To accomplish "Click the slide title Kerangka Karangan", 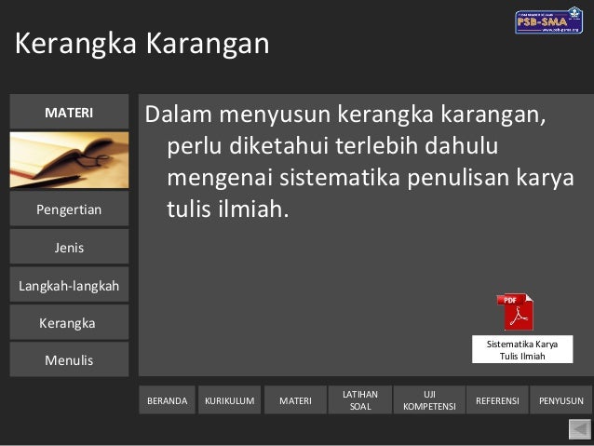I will (x=142, y=43).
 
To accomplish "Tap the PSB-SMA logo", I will (x=548, y=21).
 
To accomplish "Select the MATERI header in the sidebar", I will (x=69, y=113).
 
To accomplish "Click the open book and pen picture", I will (x=69, y=160).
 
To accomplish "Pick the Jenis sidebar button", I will (x=69, y=248).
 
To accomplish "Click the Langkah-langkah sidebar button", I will (x=69, y=286).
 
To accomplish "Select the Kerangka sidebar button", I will (x=69, y=323).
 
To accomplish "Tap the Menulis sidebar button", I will (x=69, y=360).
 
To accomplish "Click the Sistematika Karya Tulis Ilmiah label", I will (x=522, y=349).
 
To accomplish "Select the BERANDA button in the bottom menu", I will (x=168, y=400).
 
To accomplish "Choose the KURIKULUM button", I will (x=229, y=400).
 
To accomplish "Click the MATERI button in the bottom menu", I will (x=295, y=400).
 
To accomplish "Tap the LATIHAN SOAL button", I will (x=359, y=400).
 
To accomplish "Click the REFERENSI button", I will (x=497, y=400).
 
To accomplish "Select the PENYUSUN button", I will (x=561, y=400).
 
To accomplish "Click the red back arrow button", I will (x=579, y=428).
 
